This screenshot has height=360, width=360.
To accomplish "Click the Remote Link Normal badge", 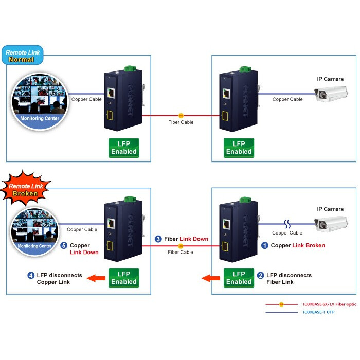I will pyautogui.click(x=23, y=55).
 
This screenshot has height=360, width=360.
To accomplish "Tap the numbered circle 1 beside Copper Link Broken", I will pyautogui.click(x=265, y=245).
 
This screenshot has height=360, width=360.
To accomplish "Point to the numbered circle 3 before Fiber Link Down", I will pyautogui.click(x=158, y=239).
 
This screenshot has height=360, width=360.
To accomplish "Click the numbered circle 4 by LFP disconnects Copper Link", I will pyautogui.click(x=31, y=275).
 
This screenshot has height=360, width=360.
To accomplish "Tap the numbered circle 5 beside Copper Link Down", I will pyautogui.click(x=64, y=245).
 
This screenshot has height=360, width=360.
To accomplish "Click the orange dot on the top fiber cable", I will pyautogui.click(x=181, y=116).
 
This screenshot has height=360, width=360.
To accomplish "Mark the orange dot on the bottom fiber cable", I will pyautogui.click(x=181, y=246).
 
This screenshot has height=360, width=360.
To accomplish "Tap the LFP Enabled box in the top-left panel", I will pyautogui.click(x=124, y=148).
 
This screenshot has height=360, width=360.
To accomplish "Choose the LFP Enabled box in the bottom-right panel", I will pyautogui.click(x=239, y=278).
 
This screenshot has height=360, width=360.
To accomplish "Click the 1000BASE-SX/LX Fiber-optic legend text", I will pyautogui.click(x=329, y=304).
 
